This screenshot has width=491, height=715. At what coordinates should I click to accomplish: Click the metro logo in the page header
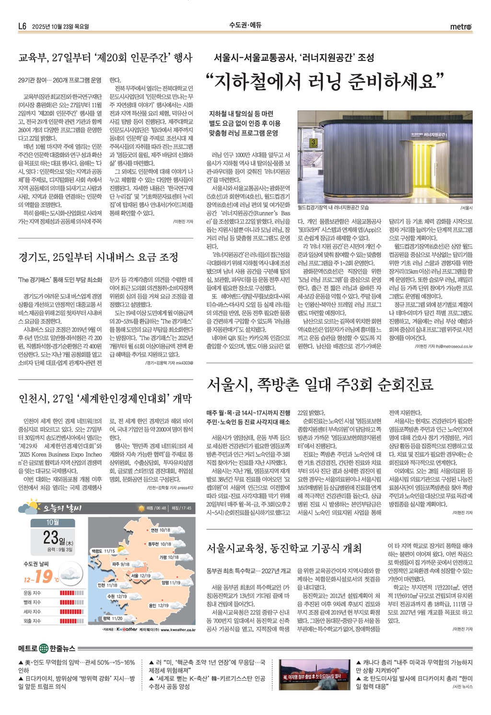click(461, 27)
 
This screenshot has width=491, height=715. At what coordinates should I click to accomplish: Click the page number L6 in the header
click(22, 27)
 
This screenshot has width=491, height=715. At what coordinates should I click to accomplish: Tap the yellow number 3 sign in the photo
click(314, 143)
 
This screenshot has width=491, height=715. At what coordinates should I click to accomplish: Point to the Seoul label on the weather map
click(140, 575)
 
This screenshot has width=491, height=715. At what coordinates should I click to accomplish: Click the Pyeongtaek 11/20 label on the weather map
click(113, 619)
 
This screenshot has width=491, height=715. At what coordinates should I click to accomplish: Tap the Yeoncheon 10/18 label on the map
click(160, 530)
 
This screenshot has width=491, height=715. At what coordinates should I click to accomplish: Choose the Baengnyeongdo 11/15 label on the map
click(103, 551)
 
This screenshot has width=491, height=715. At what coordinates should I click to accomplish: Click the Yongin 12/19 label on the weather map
click(158, 606)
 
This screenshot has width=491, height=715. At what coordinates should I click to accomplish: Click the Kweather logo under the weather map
click(127, 629)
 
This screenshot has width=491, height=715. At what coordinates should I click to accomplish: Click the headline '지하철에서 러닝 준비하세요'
click(324, 81)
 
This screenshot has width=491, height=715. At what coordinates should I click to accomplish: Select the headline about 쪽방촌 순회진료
click(320, 384)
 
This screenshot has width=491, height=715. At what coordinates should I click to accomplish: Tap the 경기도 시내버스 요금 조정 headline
click(98, 257)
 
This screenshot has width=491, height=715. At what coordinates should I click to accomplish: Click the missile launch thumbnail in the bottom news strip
click(314, 674)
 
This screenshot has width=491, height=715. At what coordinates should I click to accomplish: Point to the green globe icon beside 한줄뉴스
click(44, 649)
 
